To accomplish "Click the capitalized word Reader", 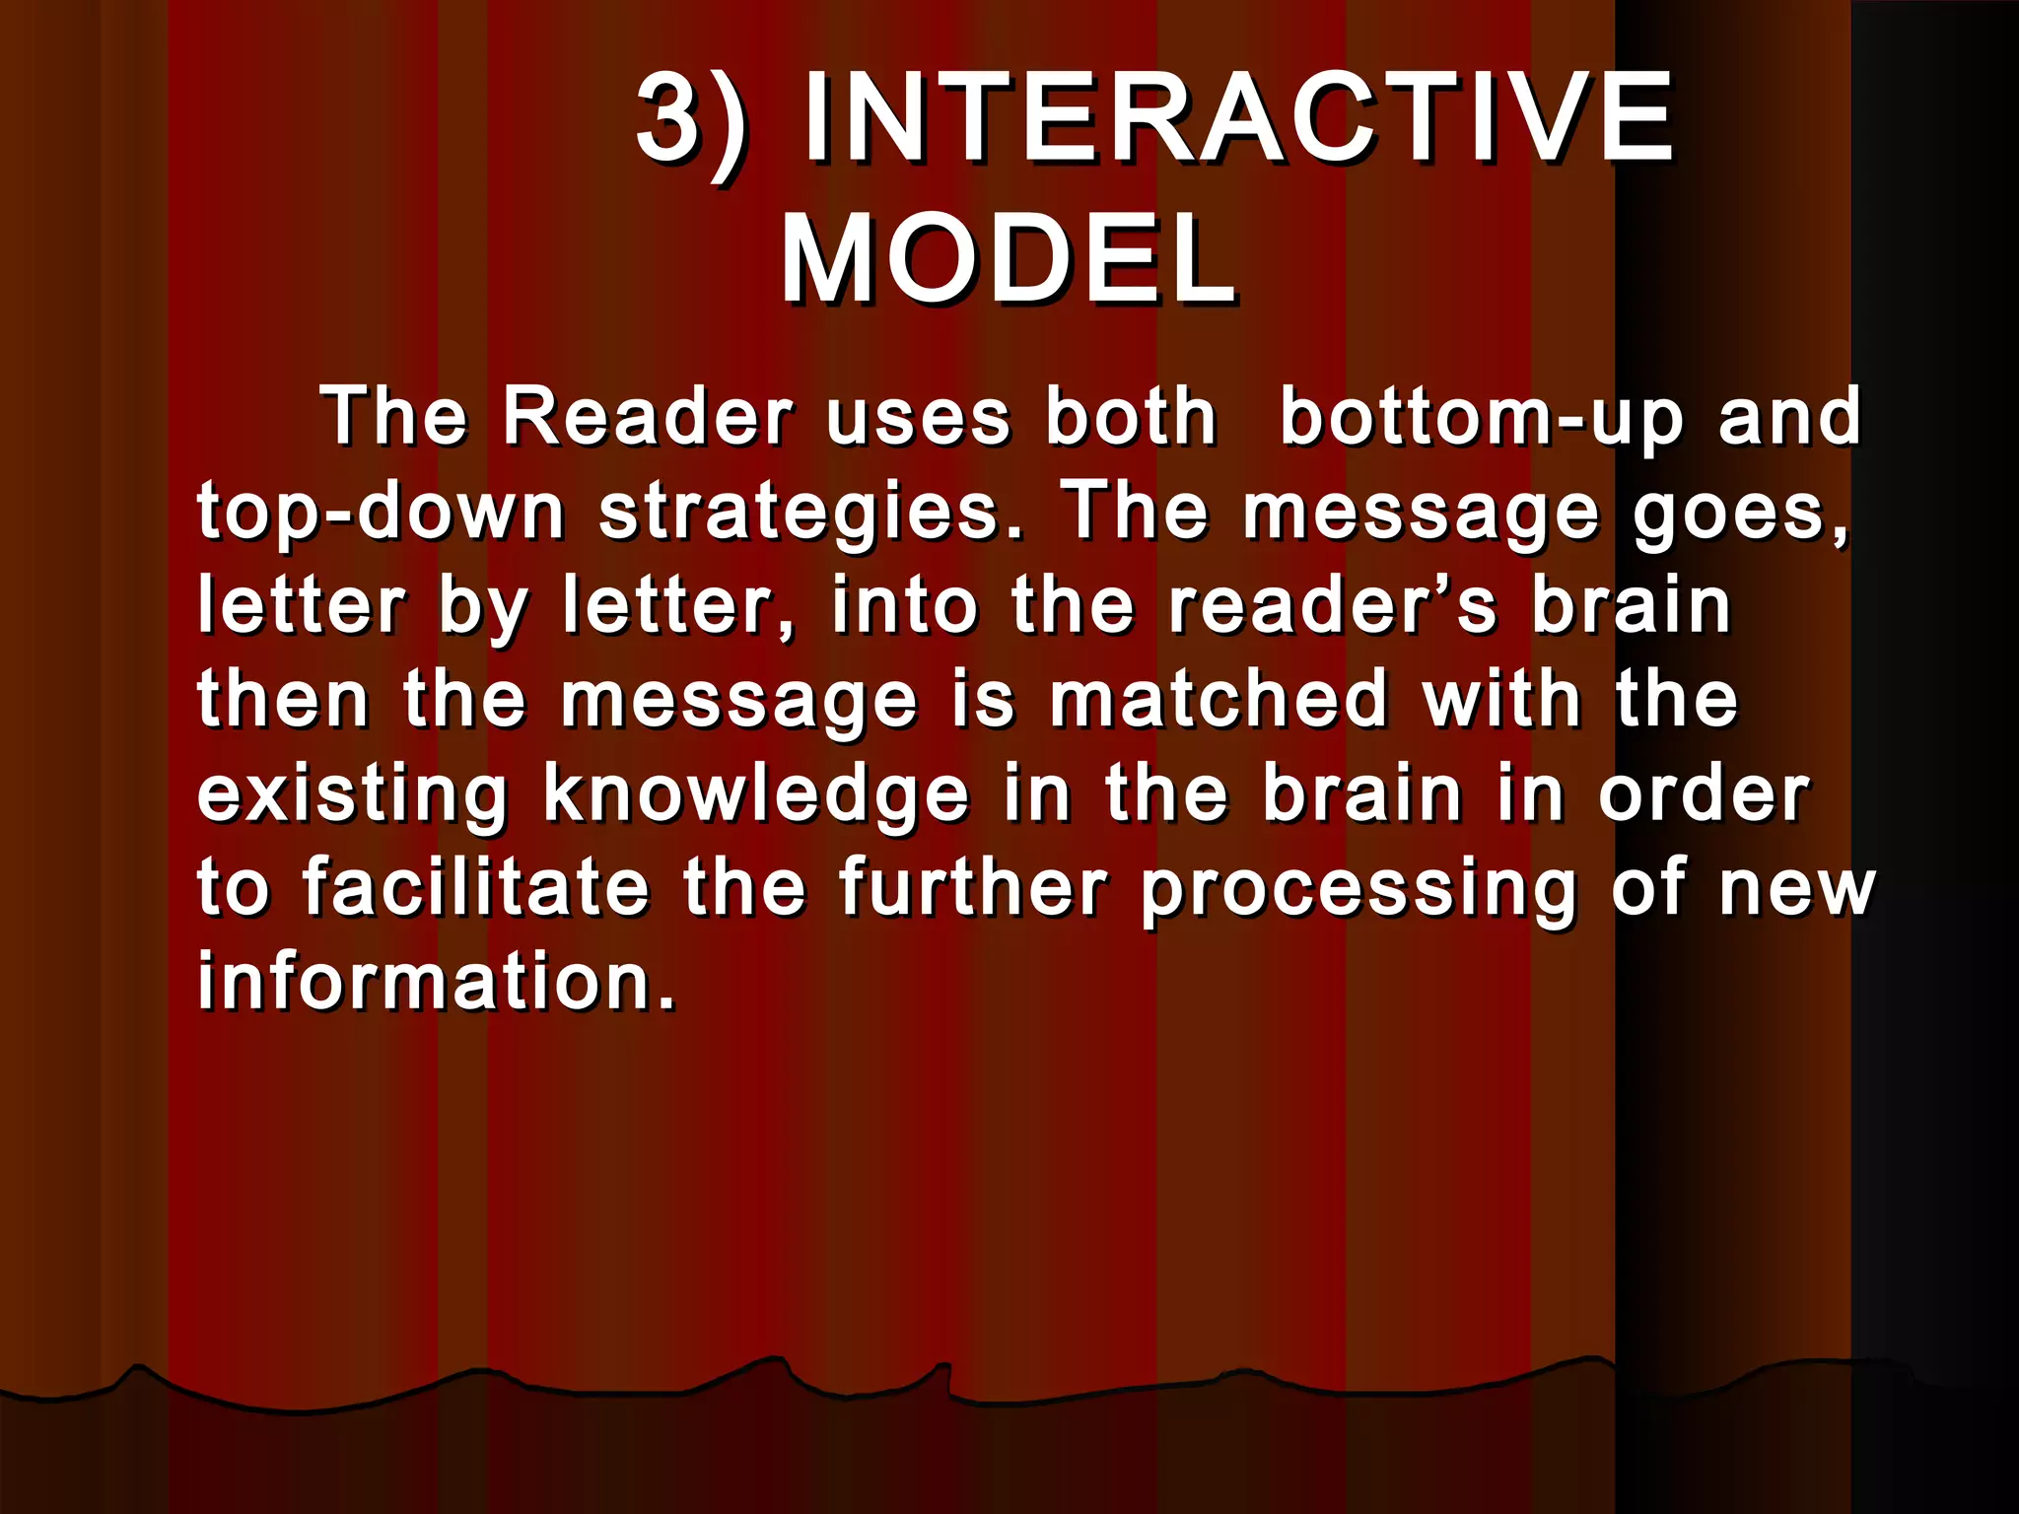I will pyautogui.click(x=648, y=417).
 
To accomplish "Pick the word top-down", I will pyautogui.click(x=381, y=513).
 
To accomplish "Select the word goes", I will pyautogui.click(x=1741, y=513).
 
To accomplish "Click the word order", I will pyautogui.click(x=1705, y=792).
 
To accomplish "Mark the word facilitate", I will pyautogui.click(x=475, y=886).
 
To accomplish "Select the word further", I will pyautogui.click(x=974, y=886).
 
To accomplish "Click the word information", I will pyautogui.click(x=437, y=981).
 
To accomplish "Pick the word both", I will pyautogui.click(x=1131, y=417).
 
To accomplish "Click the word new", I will pyautogui.click(x=1796, y=887).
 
